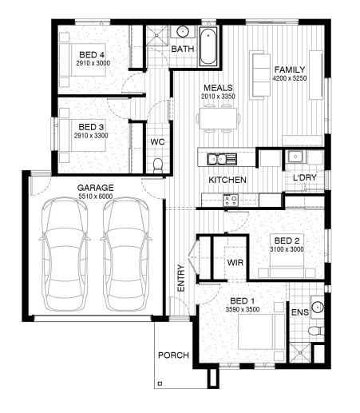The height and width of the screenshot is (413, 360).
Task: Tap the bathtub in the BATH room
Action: coord(208,46)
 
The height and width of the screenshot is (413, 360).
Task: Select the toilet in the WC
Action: coord(158,165)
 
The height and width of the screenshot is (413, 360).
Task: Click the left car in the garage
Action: coord(65,254)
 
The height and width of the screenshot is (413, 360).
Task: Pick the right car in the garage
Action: coord(126,254)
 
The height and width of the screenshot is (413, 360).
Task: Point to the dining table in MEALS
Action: coord(219,118)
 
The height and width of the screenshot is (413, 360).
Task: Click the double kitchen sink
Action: coord(222,159)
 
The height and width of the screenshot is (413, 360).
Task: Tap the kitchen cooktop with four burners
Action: coord(231,200)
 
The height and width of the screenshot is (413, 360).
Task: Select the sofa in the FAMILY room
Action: coord(260,75)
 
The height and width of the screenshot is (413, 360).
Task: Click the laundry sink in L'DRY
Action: coord(295,157)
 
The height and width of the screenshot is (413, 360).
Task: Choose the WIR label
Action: coord(235,263)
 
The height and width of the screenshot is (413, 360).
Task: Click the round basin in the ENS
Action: coord(318,307)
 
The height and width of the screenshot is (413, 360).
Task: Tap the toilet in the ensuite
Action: coord(316,331)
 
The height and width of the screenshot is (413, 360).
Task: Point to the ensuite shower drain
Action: coord(300,352)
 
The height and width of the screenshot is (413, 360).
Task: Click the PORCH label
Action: coord(173,355)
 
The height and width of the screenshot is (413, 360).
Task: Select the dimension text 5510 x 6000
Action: coord(96,197)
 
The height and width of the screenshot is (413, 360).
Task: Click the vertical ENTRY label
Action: coord(181,278)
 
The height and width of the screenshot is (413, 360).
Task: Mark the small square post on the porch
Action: coord(160,383)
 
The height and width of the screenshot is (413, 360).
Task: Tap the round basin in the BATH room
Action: coord(183,32)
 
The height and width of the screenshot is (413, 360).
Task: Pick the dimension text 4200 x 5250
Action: coord(290,78)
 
